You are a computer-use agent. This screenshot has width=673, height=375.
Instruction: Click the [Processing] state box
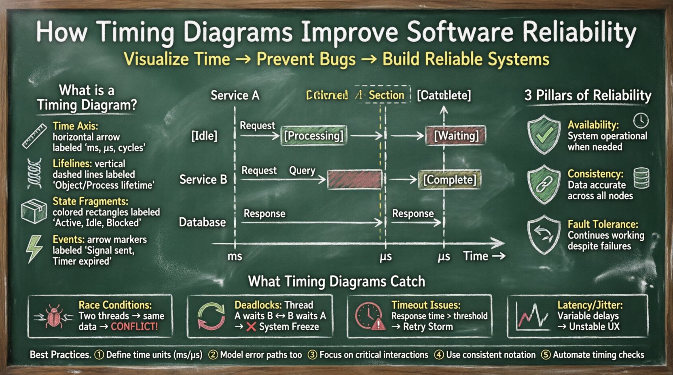coord(313,135)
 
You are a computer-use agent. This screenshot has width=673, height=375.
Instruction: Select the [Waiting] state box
coord(456,135)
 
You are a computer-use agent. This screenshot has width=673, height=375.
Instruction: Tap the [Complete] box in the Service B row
coord(450,179)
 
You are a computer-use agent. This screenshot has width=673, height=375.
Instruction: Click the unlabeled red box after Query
coord(354,179)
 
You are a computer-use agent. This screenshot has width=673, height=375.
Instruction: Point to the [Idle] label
coord(204,136)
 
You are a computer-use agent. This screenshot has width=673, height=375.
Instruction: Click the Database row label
coord(202,222)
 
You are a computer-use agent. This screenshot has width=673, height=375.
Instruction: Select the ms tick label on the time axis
coord(235,256)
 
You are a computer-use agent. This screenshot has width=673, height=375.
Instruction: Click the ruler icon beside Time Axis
coord(34,136)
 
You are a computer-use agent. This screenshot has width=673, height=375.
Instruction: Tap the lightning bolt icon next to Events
coord(34,249)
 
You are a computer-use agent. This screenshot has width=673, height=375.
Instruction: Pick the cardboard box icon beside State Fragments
coord(34,211)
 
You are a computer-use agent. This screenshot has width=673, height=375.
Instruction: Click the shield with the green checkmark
coord(544,135)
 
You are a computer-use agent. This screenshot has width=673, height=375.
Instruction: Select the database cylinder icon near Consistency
coord(641,178)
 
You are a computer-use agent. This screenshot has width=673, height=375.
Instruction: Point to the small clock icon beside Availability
coord(641,120)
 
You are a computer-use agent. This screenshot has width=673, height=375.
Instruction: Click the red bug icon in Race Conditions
coord(54,316)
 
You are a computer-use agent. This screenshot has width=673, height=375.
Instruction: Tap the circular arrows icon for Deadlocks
coord(211,316)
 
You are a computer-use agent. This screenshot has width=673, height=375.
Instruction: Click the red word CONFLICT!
coord(134,327)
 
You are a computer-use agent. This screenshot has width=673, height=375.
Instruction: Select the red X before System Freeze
coord(251,327)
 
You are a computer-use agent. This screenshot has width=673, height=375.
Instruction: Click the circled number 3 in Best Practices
coord(312,355)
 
